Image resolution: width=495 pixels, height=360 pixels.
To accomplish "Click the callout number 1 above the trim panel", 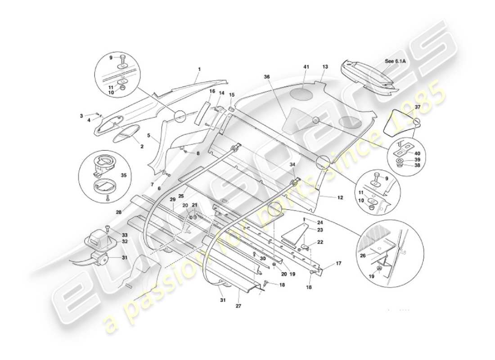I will coord(199,69).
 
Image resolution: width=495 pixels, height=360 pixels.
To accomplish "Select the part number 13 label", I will coord(325,67).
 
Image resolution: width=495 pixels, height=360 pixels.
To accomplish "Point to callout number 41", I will coord(306,67).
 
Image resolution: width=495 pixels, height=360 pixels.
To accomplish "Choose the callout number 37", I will coord(418,107).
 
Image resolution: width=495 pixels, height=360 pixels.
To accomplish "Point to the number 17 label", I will coord(338,264).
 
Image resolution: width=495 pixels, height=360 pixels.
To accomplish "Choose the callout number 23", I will coord(320,230).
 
